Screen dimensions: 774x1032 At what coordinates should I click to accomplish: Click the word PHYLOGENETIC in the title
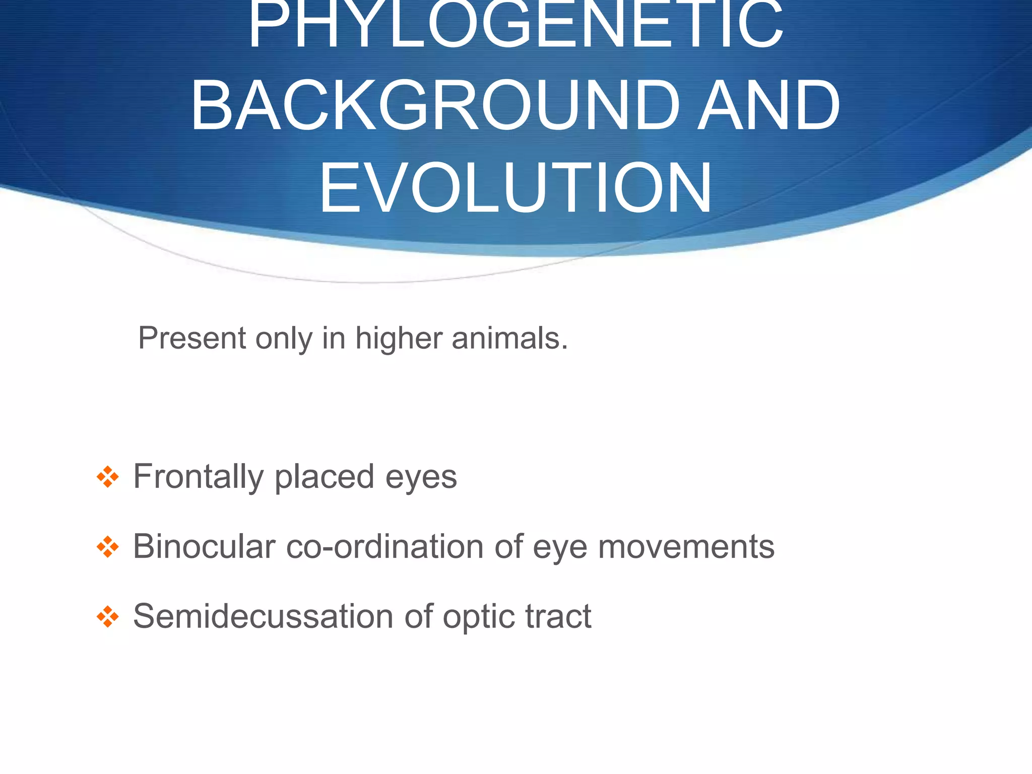pos(515,25)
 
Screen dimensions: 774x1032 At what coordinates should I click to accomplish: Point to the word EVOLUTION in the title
pos(515,188)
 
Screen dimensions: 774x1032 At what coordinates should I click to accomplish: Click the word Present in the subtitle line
pos(191,338)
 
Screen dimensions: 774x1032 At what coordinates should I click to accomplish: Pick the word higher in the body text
pos(399,338)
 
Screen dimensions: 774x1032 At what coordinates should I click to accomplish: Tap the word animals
pos(510,338)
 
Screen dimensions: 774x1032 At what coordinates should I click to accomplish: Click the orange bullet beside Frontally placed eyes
pos(107,477)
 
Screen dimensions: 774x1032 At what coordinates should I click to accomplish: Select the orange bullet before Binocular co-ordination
pos(107,547)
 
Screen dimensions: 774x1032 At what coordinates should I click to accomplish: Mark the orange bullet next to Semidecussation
pos(107,616)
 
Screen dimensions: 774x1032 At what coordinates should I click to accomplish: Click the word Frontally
pos(198,477)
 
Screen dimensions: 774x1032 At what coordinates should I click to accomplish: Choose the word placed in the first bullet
pos(324,477)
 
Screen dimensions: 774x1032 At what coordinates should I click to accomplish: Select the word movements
pos(686,547)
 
